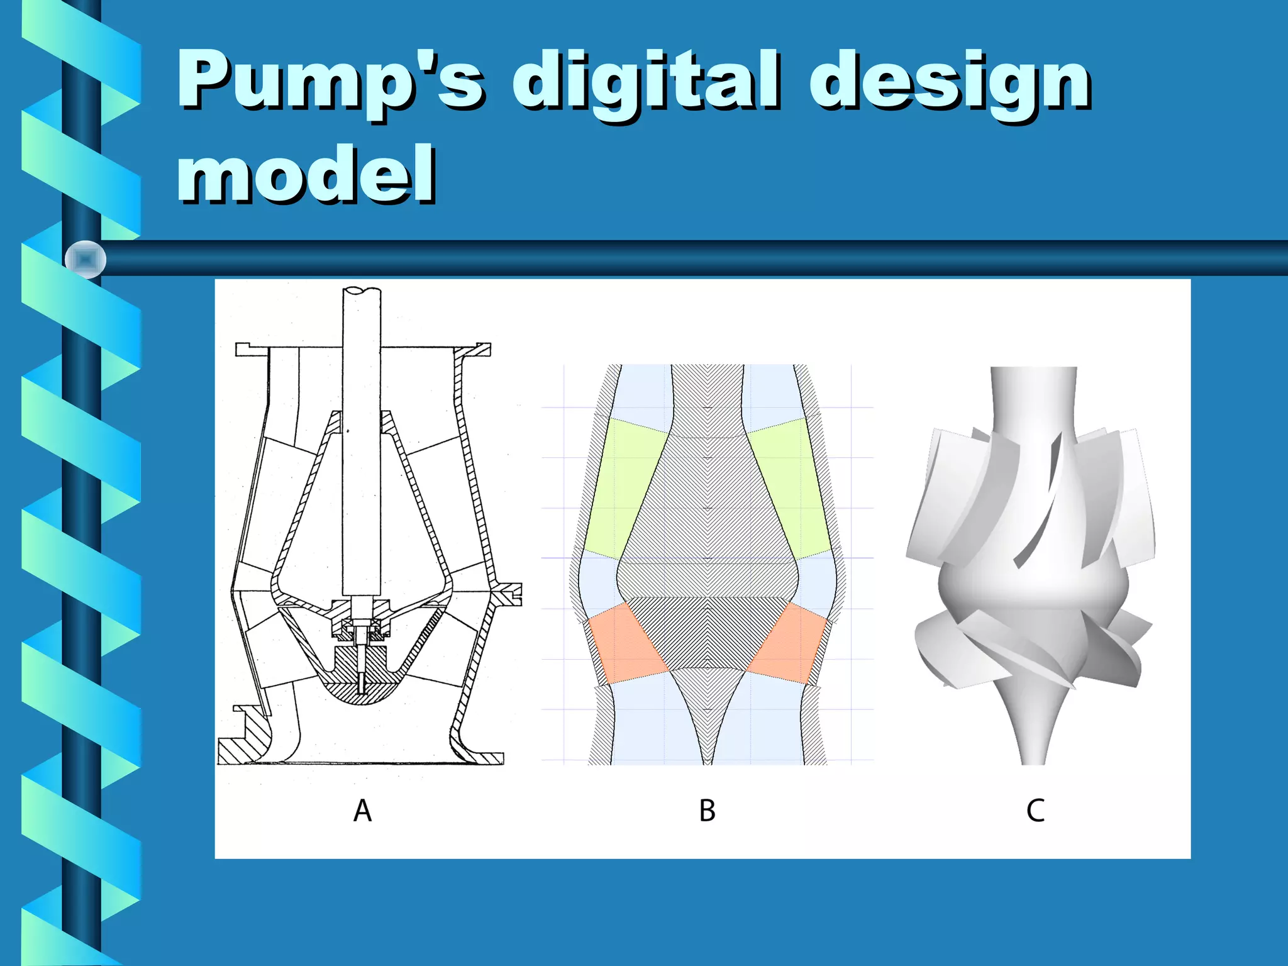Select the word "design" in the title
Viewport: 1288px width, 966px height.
950,85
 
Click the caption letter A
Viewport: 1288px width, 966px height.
362,811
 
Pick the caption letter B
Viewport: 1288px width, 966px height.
707,811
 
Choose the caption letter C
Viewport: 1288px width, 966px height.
1035,811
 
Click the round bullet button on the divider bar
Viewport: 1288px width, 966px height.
86,259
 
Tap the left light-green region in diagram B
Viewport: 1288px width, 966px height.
623,487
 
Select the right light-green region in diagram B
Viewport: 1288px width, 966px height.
789,487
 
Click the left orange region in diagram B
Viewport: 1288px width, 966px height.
626,645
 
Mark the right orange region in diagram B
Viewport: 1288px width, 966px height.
789,645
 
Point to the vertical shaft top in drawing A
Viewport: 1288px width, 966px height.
361,296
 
